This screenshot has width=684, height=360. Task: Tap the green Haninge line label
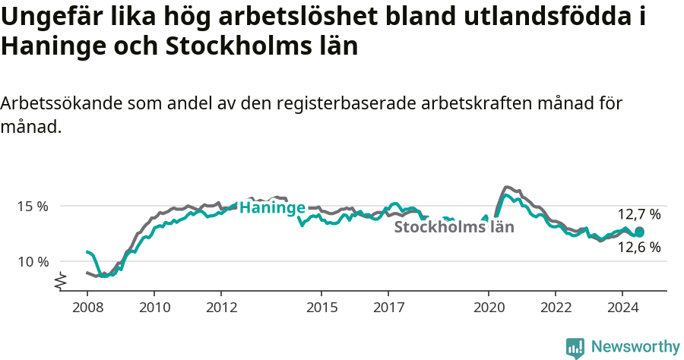pyautogui.click(x=272, y=207)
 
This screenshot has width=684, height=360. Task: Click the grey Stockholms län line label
pyautogui.click(x=454, y=226)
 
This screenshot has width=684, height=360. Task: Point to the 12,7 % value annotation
pyautogui.click(x=638, y=214)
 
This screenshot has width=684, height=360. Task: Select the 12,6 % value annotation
pyautogui.click(x=638, y=247)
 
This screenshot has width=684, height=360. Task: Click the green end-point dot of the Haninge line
pyautogui.click(x=639, y=232)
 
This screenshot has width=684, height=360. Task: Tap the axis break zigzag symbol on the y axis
pyautogui.click(x=61, y=281)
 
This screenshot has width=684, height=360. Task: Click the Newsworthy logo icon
pyautogui.click(x=575, y=347)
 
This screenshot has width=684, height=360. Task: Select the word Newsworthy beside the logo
pyautogui.click(x=635, y=347)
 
